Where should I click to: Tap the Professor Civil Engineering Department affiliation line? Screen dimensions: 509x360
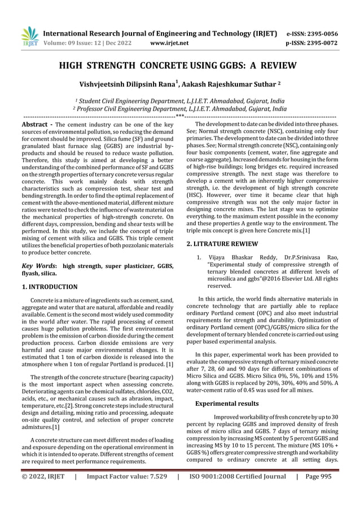180,108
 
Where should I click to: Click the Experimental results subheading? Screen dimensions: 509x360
226,403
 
